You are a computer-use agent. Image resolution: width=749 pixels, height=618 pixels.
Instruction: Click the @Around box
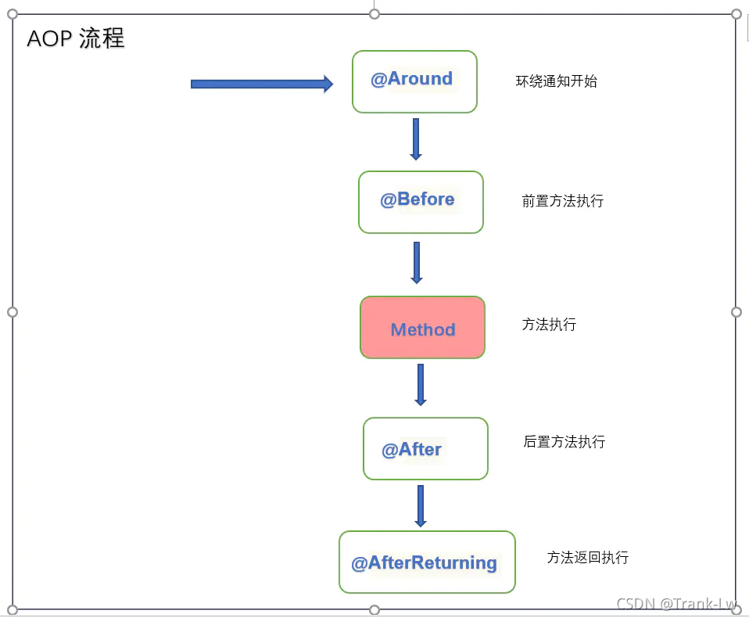point(414,81)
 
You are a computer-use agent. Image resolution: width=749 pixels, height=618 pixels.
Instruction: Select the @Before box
point(421,202)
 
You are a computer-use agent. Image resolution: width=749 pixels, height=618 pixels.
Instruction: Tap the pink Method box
point(422,328)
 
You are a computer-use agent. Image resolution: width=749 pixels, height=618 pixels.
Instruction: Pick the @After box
point(425,448)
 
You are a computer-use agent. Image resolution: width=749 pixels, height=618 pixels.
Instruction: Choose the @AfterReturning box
point(427,562)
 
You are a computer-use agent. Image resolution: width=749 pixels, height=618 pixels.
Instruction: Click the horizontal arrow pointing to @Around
point(262,84)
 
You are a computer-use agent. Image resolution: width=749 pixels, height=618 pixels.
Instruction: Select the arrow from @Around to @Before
point(416,138)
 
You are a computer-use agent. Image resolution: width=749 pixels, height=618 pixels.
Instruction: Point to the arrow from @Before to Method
point(417,262)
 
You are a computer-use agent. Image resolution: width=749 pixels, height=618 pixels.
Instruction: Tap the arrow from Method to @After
point(421,384)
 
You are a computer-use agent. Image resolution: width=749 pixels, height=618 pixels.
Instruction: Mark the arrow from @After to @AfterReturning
point(421,505)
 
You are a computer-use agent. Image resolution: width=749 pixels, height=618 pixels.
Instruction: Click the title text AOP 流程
point(76,38)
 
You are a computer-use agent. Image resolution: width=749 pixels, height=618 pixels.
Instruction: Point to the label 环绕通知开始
point(557,81)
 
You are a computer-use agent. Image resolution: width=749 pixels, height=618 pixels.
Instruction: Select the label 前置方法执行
point(563,201)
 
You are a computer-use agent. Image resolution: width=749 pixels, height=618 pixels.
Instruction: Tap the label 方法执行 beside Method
point(550,325)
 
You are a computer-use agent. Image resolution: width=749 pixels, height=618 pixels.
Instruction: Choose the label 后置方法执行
point(564,442)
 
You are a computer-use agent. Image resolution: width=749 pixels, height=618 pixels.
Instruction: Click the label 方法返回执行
point(588,558)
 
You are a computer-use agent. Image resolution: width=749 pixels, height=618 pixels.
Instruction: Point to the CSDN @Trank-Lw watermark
point(677,604)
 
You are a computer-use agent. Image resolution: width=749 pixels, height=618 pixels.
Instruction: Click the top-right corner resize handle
point(736,14)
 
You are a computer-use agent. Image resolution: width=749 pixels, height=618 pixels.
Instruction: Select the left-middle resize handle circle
point(13,312)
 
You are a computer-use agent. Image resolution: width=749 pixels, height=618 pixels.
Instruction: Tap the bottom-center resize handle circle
point(374,610)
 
